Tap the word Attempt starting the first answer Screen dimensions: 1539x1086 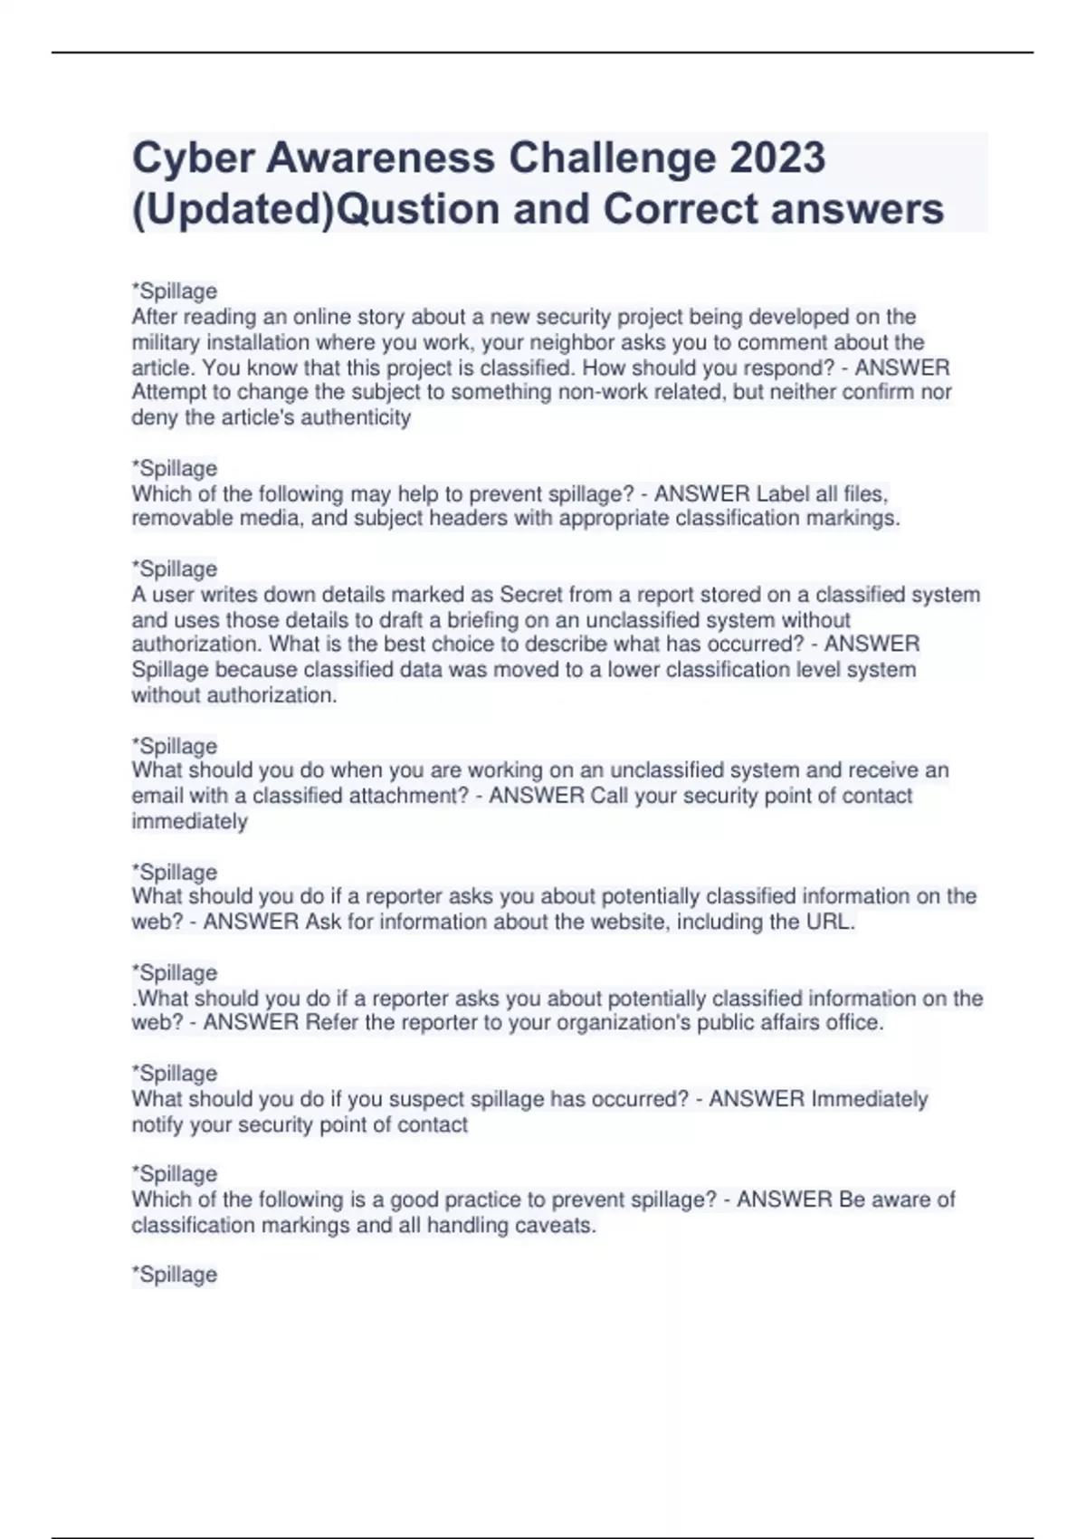pyautogui.click(x=169, y=392)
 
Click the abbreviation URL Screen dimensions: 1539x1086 pyautogui.click(x=829, y=922)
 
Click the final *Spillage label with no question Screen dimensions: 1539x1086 pyautogui.click(x=175, y=1275)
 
